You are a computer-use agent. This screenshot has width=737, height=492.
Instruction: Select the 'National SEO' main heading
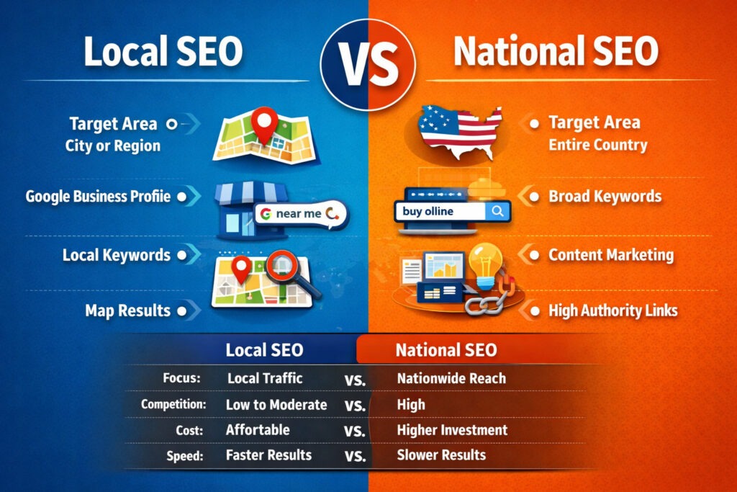[x=556, y=53]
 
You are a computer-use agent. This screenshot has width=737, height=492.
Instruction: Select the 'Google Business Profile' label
[x=98, y=196]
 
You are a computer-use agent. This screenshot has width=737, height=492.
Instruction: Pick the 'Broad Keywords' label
[x=605, y=196]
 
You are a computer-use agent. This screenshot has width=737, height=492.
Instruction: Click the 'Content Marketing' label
[x=611, y=254]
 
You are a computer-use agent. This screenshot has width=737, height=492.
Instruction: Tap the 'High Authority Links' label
[x=612, y=311]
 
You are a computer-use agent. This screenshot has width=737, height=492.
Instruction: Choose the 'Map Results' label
[x=127, y=311]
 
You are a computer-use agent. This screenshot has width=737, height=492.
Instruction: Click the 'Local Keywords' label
[x=116, y=254]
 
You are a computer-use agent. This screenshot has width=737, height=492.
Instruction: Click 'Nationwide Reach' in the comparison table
[x=451, y=377]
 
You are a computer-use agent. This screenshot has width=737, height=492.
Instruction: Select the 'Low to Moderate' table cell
[x=276, y=404]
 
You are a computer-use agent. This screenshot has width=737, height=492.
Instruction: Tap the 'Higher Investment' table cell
[x=452, y=430]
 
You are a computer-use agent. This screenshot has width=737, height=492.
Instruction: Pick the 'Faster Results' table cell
[x=268, y=455]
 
